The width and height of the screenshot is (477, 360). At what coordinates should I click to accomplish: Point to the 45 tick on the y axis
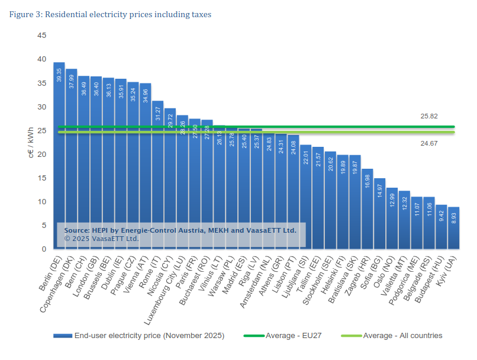(x=41, y=36)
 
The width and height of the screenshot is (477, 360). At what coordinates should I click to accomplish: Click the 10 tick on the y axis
(x=41, y=202)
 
